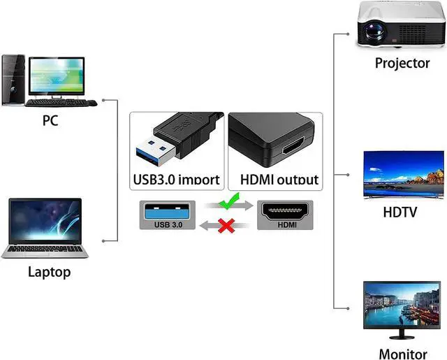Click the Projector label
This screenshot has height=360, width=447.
402,63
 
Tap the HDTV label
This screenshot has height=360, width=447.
400,211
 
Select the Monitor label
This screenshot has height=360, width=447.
402,354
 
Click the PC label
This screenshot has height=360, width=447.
50,120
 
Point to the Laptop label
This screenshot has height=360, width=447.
49,272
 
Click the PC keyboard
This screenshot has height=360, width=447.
61,103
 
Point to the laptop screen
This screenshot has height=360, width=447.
45,220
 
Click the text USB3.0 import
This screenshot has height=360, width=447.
177,179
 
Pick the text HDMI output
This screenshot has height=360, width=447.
279,179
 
